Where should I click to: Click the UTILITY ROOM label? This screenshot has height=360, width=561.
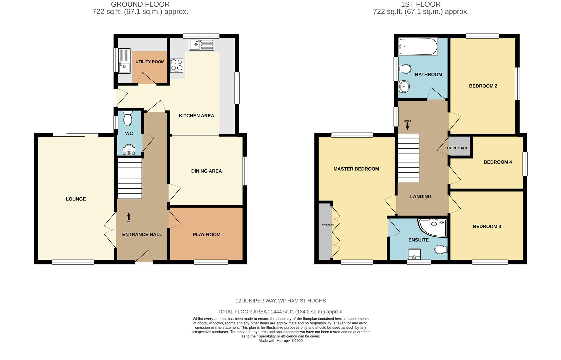pyautogui.click(x=150, y=62)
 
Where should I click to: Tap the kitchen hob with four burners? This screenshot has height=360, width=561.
pyautogui.click(x=177, y=65)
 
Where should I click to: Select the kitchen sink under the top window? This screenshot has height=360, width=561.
pyautogui.click(x=201, y=45)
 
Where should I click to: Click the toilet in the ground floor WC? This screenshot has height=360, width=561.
pyautogui.click(x=128, y=118)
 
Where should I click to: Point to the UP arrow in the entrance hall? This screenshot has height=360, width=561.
pyautogui.click(x=129, y=217)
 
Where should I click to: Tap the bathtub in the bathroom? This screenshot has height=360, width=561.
pyautogui.click(x=418, y=47)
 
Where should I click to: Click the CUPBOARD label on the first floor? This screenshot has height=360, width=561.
pyautogui.click(x=458, y=148)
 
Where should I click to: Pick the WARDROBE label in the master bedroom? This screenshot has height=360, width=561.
pyautogui.click(x=328, y=225)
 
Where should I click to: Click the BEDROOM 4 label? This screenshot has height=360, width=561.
pyautogui.click(x=497, y=162)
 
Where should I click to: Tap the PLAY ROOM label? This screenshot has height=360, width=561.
pyautogui.click(x=206, y=235)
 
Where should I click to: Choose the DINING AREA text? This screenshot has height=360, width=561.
pyautogui.click(x=206, y=171)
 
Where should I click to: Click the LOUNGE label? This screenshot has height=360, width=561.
pyautogui.click(x=76, y=199)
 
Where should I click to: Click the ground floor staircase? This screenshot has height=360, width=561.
pyautogui.click(x=130, y=178)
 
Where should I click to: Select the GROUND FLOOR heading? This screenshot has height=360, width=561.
pyautogui.click(x=140, y=4)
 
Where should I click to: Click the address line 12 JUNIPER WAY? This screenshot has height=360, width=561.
pyautogui.click(x=280, y=301)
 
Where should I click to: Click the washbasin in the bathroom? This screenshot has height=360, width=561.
pyautogui.click(x=404, y=87)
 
